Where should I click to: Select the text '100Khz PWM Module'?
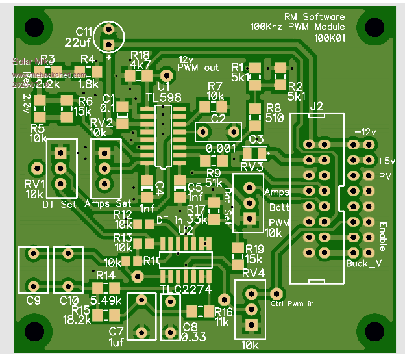coord(298,27)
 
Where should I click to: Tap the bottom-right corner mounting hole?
coord(374,331)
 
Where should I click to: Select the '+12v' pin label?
coord(365,131)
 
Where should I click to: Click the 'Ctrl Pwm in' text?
coord(292,303)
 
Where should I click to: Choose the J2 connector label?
coord(317,106)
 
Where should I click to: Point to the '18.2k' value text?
coord(77,320)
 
